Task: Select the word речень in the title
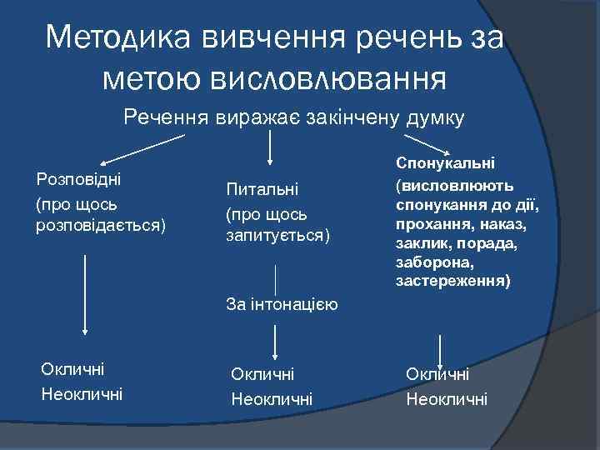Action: [401, 37]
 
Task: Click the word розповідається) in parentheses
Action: [100, 225]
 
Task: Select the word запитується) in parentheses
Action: [277, 237]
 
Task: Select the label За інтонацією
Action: [281, 304]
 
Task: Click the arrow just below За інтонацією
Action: [275, 339]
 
